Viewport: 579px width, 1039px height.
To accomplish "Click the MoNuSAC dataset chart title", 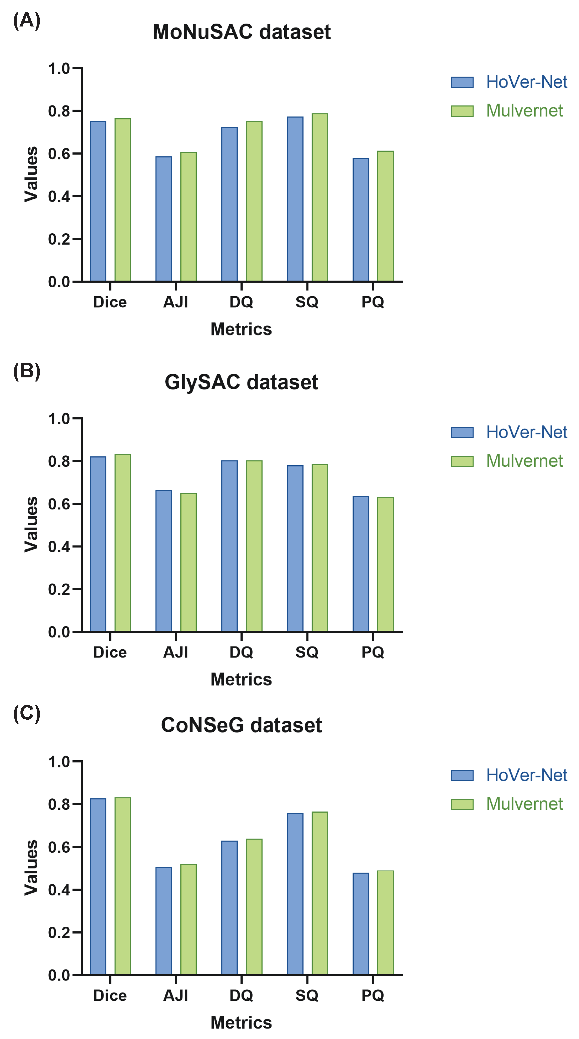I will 241,32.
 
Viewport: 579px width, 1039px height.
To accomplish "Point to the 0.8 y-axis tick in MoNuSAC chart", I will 59,111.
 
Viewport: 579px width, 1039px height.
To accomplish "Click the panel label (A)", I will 27,20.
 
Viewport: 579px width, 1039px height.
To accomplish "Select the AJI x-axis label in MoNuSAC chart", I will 176,302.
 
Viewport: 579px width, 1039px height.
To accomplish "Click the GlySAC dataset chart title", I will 241,382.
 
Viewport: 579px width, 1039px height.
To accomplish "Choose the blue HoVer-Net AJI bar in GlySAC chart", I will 164,561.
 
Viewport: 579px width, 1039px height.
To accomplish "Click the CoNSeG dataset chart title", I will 241,725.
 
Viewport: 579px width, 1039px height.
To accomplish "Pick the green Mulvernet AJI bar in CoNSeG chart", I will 188,919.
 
